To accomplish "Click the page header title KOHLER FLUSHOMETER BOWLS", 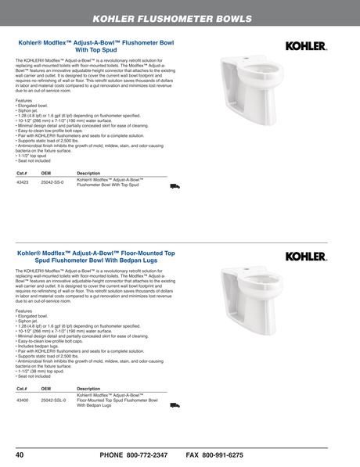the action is (183, 18).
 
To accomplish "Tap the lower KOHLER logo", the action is (306, 256).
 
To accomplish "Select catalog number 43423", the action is (23, 181).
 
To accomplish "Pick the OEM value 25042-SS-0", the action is (53, 181).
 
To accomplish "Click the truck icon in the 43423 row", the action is (175, 186).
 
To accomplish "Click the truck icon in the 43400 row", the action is (175, 404).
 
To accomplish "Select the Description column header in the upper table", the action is (88, 172).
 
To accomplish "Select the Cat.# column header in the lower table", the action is (22, 388).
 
